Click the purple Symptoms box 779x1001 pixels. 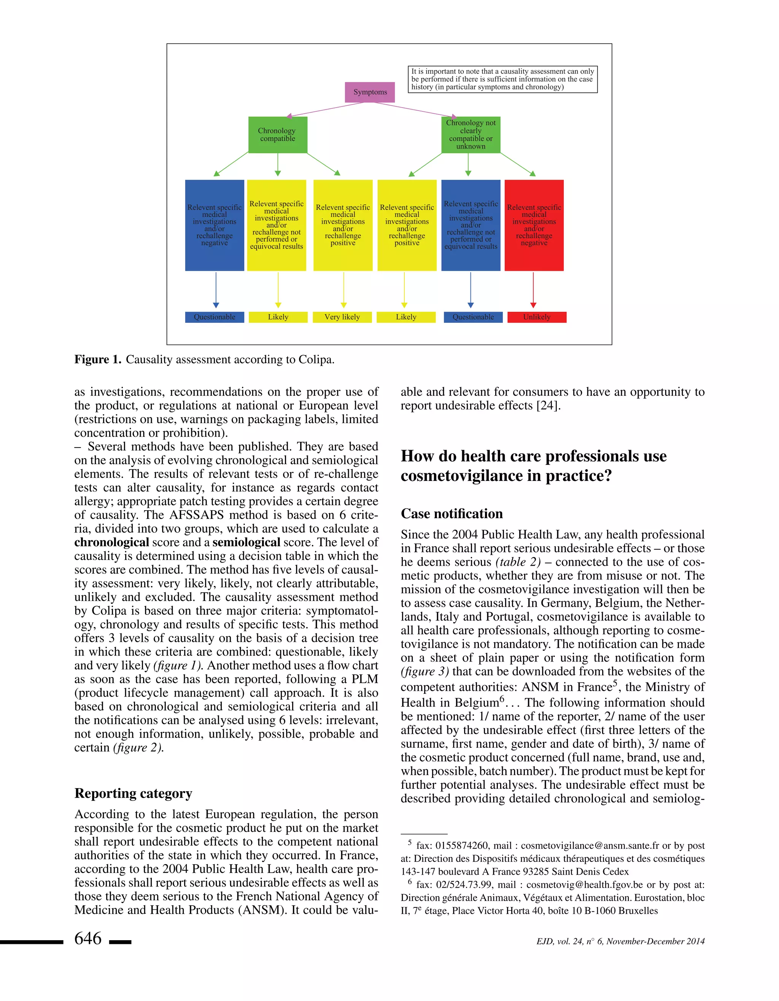pyautogui.click(x=370, y=92)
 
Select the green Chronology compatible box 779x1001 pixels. pyautogui.click(x=277, y=135)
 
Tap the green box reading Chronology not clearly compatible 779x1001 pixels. pyautogui.click(x=471, y=135)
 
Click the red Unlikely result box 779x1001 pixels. pyautogui.click(x=536, y=317)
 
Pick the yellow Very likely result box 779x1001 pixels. pyautogui.click(x=342, y=317)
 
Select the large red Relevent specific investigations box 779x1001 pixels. pyautogui.click(x=534, y=225)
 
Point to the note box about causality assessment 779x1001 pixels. pyautogui.click(x=502, y=79)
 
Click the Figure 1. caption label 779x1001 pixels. pyautogui.click(x=98, y=360)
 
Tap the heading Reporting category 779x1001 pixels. pyautogui.click(x=133, y=793)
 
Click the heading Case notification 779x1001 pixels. pyautogui.click(x=452, y=514)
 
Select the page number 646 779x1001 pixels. pyautogui.click(x=88, y=938)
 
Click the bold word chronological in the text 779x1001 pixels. pyautogui.click(x=111, y=543)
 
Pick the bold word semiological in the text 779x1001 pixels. pyautogui.click(x=246, y=543)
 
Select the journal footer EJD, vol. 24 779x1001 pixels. pyautogui.click(x=620, y=941)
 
